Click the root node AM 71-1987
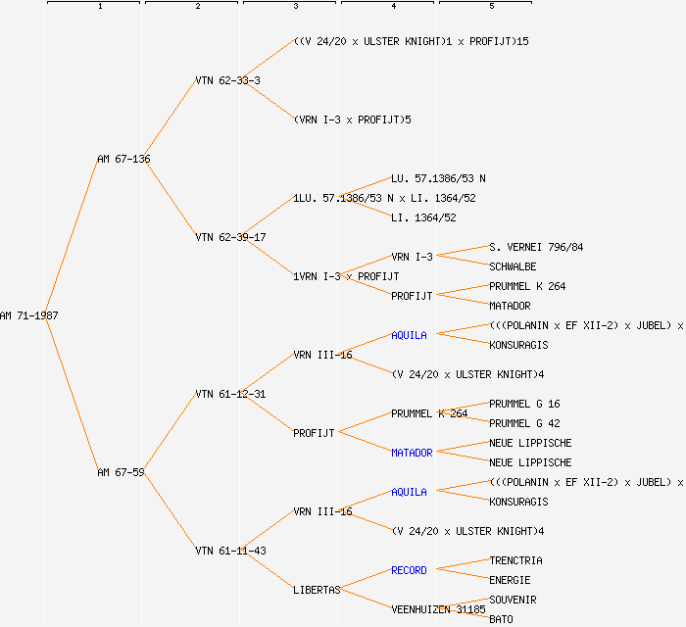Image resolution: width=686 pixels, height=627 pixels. tap(29, 315)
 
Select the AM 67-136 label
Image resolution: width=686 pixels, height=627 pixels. tap(123, 159)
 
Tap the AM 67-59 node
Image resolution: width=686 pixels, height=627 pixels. tap(121, 472)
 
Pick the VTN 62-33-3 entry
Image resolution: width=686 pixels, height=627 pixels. tap(227, 80)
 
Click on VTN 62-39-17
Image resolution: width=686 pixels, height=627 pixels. tap(230, 237)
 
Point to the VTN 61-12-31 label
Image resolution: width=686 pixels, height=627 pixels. tap(230, 394)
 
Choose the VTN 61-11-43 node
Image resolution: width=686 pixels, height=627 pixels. tap(230, 551)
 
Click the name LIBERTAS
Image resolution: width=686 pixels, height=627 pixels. tap(317, 590)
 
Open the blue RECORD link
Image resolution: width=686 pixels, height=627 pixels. tap(409, 570)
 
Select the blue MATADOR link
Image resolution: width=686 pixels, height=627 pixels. tap(412, 453)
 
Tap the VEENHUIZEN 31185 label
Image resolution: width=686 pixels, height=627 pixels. tap(438, 609)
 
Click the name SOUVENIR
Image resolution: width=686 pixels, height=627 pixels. tap(513, 600)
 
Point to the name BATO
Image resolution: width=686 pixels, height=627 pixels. tap(501, 619)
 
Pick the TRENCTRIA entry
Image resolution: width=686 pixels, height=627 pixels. tap(515, 560)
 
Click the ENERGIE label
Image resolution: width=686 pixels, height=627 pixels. tap(510, 580)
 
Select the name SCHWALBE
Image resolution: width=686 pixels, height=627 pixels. tap(513, 266)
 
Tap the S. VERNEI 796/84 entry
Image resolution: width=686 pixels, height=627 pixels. tap(536, 247)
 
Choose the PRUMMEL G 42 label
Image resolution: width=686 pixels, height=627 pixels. tap(524, 423)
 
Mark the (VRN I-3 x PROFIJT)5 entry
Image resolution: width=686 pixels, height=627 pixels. tap(352, 120)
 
